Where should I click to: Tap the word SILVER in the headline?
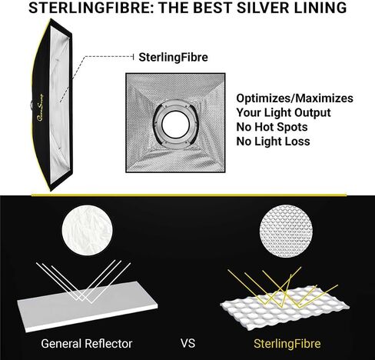(x=263, y=8)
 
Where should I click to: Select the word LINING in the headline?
(x=320, y=8)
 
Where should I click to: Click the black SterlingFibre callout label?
(x=173, y=57)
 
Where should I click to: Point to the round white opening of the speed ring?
(x=176, y=125)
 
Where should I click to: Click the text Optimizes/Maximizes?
(x=294, y=98)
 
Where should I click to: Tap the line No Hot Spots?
(x=272, y=127)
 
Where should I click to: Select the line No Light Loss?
(x=273, y=142)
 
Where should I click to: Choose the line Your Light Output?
(x=284, y=113)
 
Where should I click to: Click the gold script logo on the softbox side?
(x=41, y=108)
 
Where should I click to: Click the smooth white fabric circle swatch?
(x=87, y=230)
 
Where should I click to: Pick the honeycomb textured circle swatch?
(x=286, y=231)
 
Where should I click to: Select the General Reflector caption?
(x=87, y=344)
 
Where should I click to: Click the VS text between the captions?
(x=187, y=344)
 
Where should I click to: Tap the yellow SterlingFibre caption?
(x=287, y=344)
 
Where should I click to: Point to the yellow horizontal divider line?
(x=189, y=195)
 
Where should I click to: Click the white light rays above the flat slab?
(x=84, y=282)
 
